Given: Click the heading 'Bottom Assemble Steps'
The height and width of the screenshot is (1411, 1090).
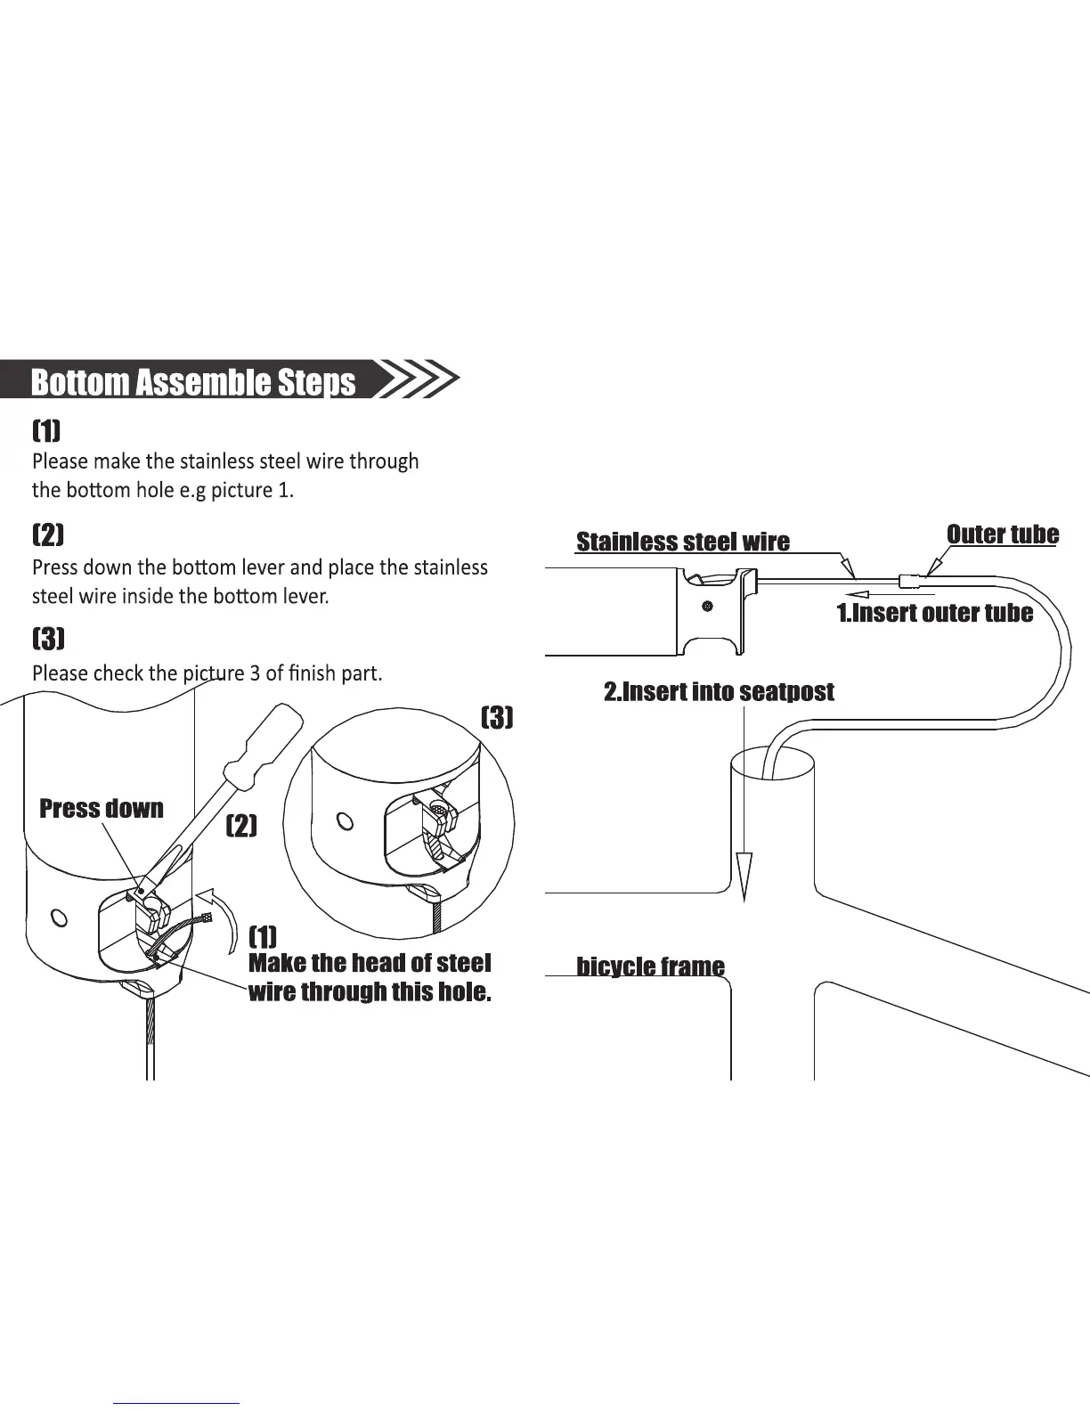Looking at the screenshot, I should (x=192, y=381).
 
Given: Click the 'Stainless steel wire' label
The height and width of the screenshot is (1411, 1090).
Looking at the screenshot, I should (x=682, y=542).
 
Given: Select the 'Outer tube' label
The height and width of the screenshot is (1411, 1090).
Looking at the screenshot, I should (x=1002, y=534).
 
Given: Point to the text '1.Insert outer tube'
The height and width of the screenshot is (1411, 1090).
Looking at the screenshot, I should (x=934, y=613).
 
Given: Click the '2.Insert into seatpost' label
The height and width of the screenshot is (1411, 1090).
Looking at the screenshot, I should (x=719, y=692).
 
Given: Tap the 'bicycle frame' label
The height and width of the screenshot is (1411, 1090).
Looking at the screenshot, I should (x=650, y=966).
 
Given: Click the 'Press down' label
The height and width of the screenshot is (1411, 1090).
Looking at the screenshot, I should (x=102, y=809).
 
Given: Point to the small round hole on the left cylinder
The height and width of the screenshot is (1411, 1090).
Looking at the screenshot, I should (x=60, y=917).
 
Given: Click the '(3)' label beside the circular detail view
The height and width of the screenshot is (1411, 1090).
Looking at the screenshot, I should (x=497, y=717).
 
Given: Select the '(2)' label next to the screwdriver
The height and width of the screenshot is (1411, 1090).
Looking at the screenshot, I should (x=241, y=826).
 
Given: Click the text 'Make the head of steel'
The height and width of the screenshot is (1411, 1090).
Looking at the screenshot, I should (x=370, y=963).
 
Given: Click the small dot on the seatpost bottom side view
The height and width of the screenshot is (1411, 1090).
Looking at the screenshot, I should (x=706, y=606).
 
